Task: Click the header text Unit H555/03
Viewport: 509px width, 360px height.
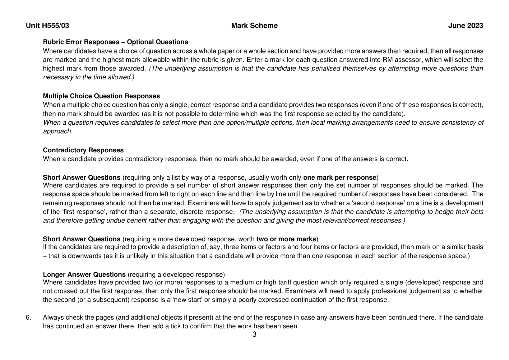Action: [x=48, y=26]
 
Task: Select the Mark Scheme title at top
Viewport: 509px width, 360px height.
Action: [x=254, y=26]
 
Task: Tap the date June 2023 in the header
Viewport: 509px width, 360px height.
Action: [x=465, y=26]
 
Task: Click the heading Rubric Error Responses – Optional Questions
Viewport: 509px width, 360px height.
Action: [x=115, y=42]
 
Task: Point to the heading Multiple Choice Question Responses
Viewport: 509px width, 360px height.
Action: [x=101, y=96]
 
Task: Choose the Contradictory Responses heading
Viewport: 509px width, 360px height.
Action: [x=83, y=150]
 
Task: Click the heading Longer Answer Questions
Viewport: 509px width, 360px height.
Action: [x=84, y=275]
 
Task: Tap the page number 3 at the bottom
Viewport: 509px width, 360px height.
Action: [x=254, y=335]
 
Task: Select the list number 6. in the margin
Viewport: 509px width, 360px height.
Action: [x=28, y=317]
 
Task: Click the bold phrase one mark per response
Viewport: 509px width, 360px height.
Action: [x=340, y=178]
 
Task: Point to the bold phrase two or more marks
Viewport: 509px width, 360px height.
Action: [x=286, y=239]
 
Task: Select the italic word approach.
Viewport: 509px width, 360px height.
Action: [x=58, y=131]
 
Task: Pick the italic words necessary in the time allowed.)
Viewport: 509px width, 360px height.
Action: [x=89, y=77]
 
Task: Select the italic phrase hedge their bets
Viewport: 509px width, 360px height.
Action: [x=461, y=212]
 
